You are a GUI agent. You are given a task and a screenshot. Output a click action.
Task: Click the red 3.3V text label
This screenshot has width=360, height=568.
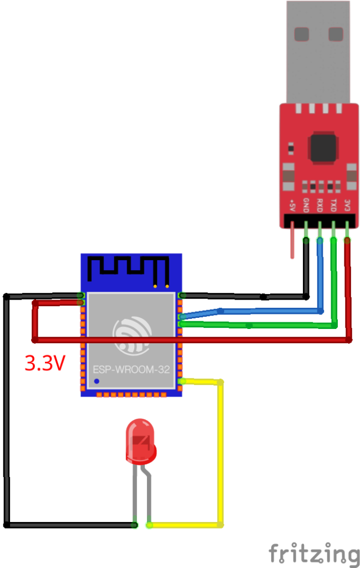pyautogui.click(x=45, y=363)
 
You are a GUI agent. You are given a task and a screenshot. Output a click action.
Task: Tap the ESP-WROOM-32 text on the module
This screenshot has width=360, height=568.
pyautogui.click(x=131, y=368)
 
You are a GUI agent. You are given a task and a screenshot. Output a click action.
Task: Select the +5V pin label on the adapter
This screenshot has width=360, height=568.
pyautogui.click(x=292, y=207)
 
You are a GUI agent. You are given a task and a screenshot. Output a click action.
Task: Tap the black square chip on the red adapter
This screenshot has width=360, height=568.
pyautogui.click(x=323, y=147)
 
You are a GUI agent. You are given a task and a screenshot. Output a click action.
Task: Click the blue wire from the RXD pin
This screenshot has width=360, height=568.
pyautogui.click(x=266, y=311)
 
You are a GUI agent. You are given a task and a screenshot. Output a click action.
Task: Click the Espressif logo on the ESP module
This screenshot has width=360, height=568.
pyautogui.click(x=131, y=336)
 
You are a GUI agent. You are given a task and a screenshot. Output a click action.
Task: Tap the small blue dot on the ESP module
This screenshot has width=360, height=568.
pyautogui.click(x=97, y=381)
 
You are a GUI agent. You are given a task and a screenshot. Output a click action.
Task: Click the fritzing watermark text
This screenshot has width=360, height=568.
pyautogui.click(x=314, y=554)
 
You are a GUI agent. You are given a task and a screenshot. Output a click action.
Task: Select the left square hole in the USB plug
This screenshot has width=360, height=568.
pyautogui.click(x=302, y=34)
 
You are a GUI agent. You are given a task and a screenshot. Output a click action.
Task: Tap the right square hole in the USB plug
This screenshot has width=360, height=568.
pyautogui.click(x=336, y=34)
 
